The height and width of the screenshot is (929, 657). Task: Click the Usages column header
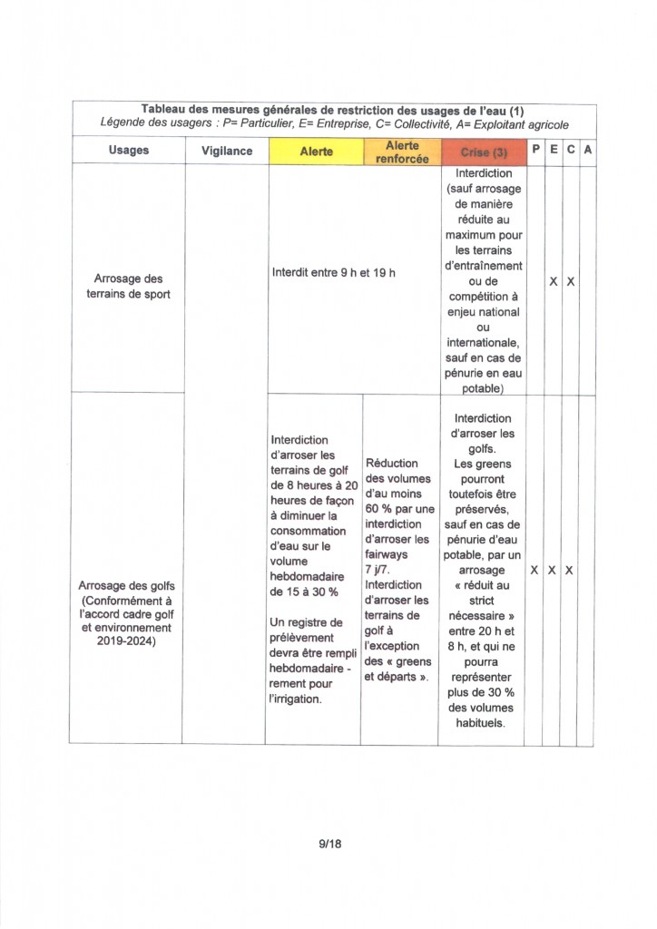point(128,151)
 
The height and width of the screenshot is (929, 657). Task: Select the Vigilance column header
point(227,151)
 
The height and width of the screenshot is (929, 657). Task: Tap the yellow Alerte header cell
point(316,152)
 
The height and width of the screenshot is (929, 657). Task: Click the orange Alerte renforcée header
point(402,152)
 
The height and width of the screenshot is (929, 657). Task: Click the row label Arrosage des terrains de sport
point(128,286)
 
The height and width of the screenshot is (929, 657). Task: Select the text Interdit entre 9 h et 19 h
point(334,272)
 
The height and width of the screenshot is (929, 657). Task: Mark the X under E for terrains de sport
point(553,281)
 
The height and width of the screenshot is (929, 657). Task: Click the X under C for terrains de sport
point(570,281)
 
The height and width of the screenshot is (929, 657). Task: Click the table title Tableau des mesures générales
point(334,110)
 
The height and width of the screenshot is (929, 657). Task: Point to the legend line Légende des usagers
point(334,124)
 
